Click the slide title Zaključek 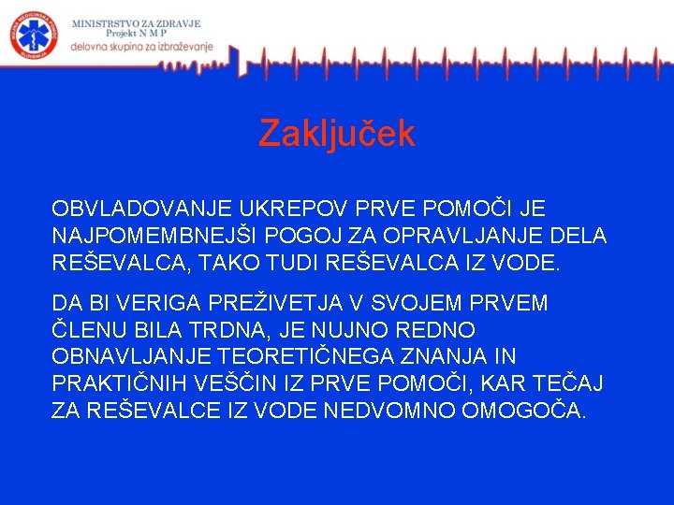[336, 134]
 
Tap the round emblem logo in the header [34, 36]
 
